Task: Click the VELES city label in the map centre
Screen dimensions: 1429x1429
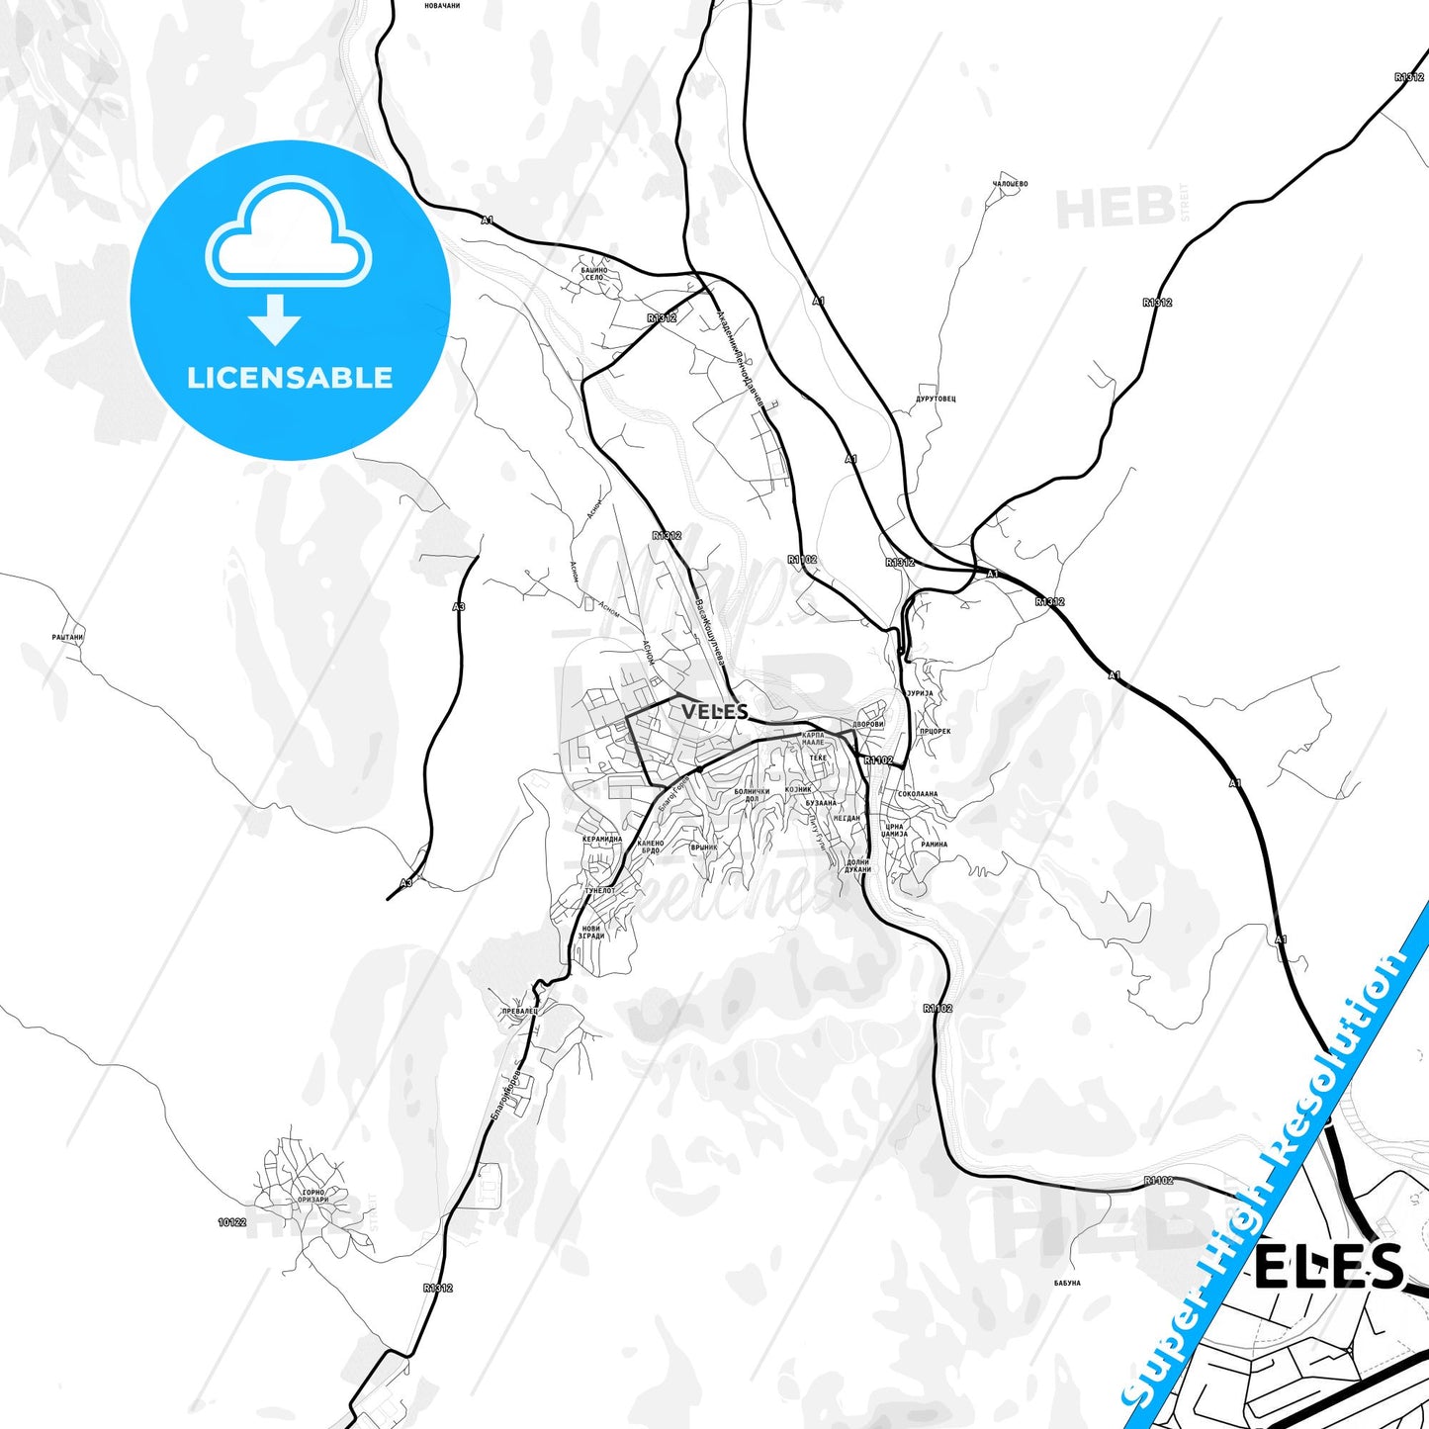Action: [714, 711]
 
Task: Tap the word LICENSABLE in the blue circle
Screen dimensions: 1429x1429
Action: [290, 378]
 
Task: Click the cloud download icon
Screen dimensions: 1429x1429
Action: [288, 259]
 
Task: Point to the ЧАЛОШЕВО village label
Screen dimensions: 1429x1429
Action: [1010, 184]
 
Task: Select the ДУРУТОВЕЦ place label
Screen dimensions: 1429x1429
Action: [936, 400]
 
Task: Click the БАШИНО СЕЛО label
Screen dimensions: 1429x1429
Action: [594, 273]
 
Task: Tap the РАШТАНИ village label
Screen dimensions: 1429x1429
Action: [67, 638]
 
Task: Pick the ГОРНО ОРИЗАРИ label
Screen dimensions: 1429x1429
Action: [313, 1196]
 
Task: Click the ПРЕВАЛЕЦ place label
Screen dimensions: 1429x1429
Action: [519, 1011]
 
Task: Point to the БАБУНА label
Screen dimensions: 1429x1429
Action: [1067, 1284]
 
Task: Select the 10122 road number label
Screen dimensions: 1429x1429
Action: [231, 1223]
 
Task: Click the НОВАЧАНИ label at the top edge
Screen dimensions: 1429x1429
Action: [442, 6]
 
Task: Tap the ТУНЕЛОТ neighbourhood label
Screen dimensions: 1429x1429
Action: [599, 891]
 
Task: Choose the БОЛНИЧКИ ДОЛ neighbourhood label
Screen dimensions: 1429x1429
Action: [752, 794]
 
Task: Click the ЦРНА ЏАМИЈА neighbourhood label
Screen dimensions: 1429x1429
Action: [894, 830]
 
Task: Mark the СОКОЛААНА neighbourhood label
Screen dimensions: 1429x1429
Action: [918, 794]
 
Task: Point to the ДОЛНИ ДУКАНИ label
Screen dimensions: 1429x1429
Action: [857, 865]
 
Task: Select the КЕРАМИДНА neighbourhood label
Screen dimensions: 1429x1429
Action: [602, 839]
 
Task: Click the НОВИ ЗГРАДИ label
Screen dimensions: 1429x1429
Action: [591, 932]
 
